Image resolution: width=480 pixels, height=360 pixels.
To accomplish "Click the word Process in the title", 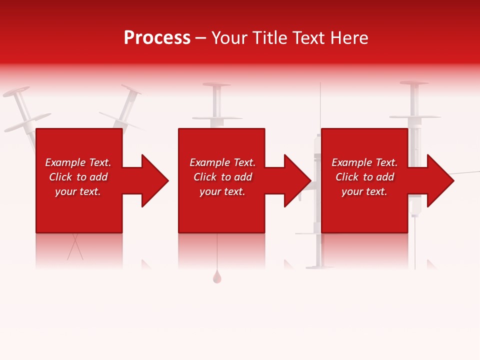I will click(157, 38).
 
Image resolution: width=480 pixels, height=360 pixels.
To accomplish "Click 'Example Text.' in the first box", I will click(78, 162).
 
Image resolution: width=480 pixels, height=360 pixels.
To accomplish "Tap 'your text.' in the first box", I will click(78, 191).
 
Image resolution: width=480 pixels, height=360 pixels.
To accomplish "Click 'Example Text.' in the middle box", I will click(222, 162).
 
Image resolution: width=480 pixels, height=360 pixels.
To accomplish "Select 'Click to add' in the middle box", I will click(222, 177).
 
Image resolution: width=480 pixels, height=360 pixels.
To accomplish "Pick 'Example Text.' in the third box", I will click(364, 162).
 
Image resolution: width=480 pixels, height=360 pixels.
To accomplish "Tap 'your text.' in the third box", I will click(364, 191).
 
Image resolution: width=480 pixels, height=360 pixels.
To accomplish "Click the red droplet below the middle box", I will click(217, 277).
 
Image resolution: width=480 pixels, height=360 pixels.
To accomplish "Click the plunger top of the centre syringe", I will click(216, 85).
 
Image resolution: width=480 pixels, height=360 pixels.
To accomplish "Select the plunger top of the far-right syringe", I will click(414, 83).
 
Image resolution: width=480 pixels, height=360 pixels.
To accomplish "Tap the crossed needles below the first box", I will click(75, 247).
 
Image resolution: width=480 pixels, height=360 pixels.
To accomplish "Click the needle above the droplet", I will click(217, 252).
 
